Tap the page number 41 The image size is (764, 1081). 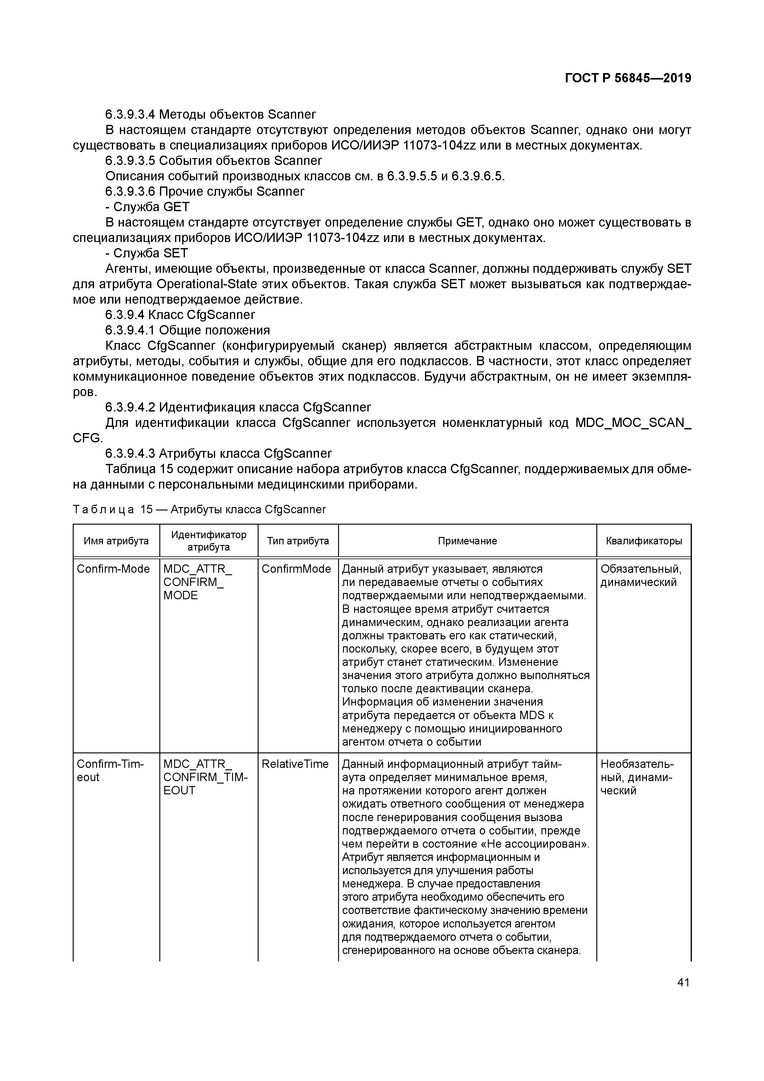pyautogui.click(x=683, y=982)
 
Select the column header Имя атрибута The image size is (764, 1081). pyautogui.click(x=116, y=541)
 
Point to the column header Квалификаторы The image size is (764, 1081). pyautogui.click(x=643, y=541)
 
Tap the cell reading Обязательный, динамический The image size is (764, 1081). pyautogui.click(x=641, y=575)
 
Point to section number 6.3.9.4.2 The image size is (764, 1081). pyautogui.click(x=130, y=407)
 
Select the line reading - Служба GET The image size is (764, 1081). pyautogui.click(x=147, y=207)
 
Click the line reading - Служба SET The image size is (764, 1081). pyautogui.click(x=146, y=253)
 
